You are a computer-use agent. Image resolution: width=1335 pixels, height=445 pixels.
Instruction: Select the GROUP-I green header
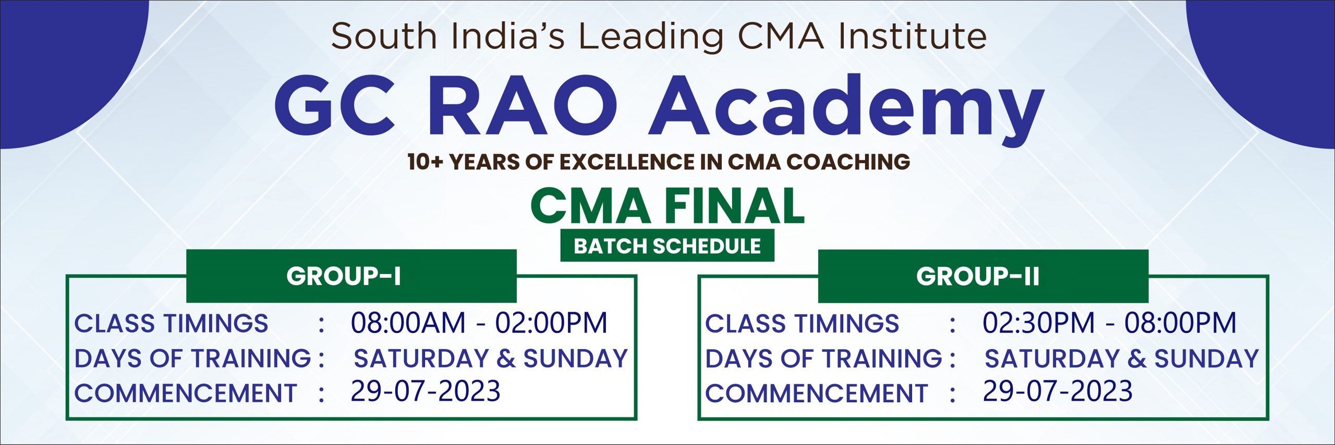pos(351,276)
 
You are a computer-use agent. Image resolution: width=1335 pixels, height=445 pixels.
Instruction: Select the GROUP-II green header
pos(983,276)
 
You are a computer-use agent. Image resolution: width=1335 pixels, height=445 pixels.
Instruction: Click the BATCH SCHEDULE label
pos(667,246)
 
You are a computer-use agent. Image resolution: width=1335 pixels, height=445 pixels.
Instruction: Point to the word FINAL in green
pos(734,206)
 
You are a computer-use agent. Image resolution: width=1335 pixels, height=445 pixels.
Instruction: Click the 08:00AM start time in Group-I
pos(408,323)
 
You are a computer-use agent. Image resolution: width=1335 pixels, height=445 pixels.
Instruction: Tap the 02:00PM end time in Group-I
pos(551,323)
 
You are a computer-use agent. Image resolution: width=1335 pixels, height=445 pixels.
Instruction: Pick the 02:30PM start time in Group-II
pos(1038,323)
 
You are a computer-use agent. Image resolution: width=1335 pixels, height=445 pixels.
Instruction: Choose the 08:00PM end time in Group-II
pos(1180,323)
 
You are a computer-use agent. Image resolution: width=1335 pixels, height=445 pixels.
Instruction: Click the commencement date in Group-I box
pos(426,391)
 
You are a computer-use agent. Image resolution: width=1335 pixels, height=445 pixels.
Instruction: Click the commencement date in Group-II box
pos(1058,391)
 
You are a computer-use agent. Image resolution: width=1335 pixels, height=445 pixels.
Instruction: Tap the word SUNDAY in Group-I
pos(575,359)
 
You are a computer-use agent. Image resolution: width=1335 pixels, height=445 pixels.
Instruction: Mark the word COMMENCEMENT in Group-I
pos(186,393)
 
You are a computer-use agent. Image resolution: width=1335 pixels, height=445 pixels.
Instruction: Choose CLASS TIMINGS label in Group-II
pos(802,324)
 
